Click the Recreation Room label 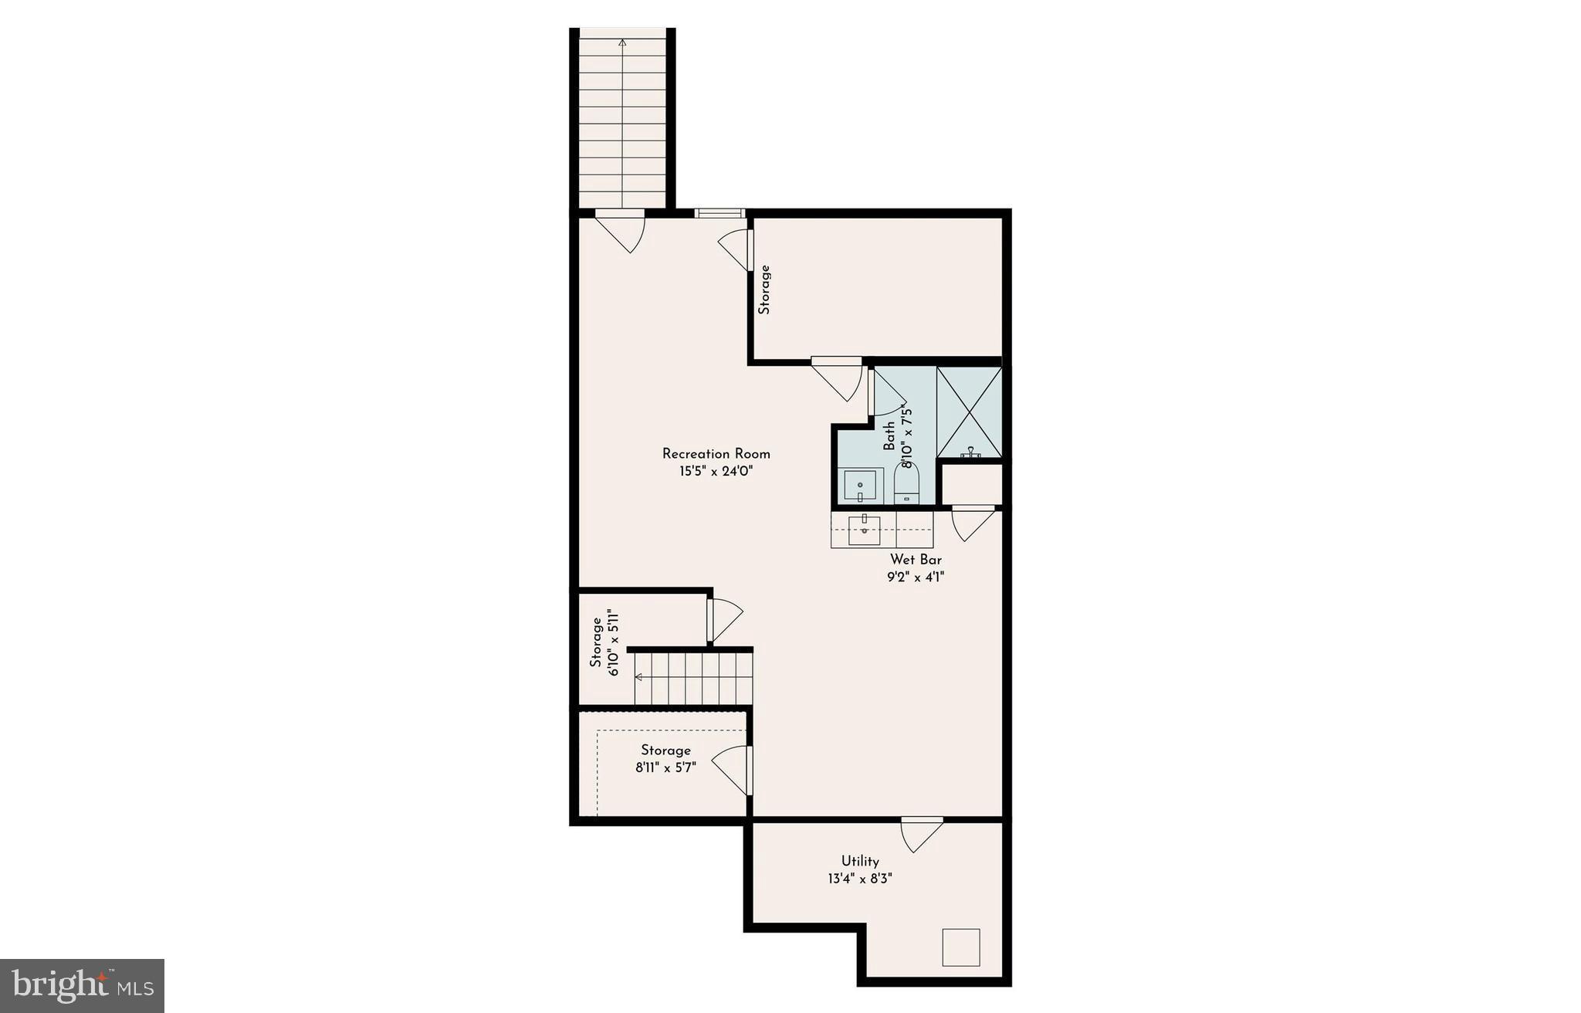[x=716, y=454]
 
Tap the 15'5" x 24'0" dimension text [x=716, y=472]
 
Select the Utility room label [x=860, y=861]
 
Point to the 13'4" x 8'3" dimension [x=860, y=879]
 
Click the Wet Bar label [x=916, y=560]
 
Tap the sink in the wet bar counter [x=865, y=530]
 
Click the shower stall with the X [x=969, y=412]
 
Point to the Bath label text [x=890, y=436]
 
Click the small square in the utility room [x=960, y=947]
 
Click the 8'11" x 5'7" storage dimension [x=665, y=768]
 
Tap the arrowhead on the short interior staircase [x=638, y=677]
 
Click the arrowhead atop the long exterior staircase [x=622, y=43]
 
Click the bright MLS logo [x=82, y=985]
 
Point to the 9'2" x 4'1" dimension [x=916, y=577]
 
